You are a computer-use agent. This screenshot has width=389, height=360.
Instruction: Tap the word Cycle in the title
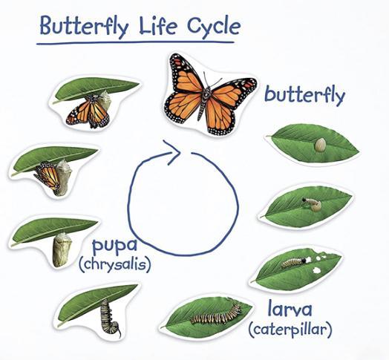[214, 27]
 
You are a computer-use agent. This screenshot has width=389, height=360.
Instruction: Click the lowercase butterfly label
[305, 96]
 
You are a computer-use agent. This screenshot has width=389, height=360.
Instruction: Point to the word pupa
[114, 245]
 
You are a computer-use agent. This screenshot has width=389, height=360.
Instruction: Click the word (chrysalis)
[114, 264]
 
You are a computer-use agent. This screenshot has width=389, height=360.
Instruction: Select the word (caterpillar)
[290, 330]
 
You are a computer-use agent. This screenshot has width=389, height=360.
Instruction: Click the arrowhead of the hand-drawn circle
[174, 151]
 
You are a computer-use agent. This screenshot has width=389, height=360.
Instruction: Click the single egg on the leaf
[320, 145]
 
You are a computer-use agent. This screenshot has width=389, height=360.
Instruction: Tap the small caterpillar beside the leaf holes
[293, 263]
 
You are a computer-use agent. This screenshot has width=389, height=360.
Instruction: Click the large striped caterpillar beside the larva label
[216, 314]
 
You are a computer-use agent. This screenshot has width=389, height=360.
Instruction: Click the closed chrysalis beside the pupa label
[62, 249]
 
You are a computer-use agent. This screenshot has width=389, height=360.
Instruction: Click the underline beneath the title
[135, 42]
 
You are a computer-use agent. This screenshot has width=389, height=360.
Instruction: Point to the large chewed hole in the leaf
[316, 270]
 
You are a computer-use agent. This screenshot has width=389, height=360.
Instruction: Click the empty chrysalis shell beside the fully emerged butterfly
[105, 99]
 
